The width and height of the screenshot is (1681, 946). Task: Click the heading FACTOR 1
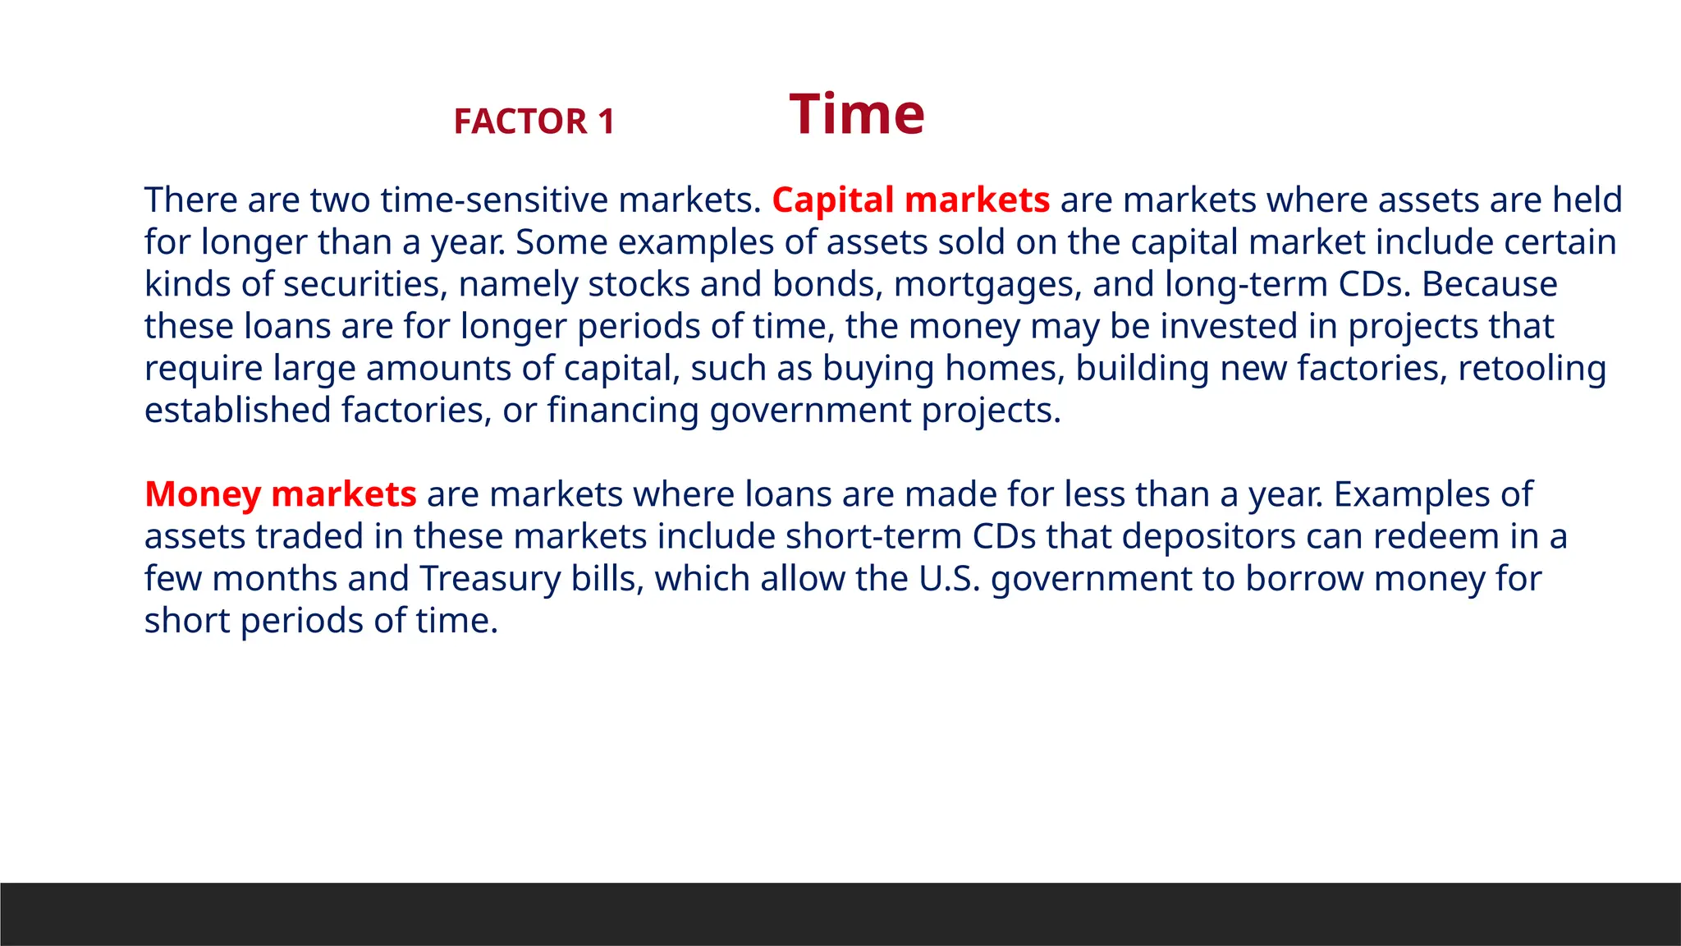pos(534,122)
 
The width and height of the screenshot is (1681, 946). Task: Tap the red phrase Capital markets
pos(910,200)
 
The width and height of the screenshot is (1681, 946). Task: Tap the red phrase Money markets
pos(281,494)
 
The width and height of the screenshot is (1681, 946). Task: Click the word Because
pos(1489,284)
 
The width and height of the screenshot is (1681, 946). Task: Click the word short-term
pos(873,536)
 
